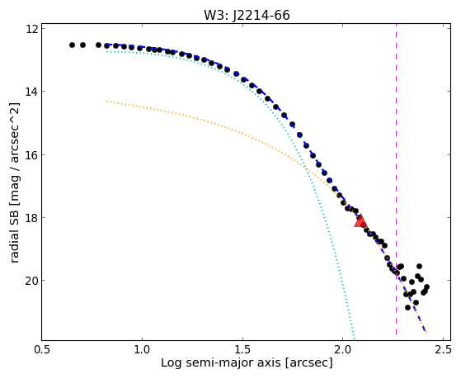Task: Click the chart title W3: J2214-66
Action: (247, 15)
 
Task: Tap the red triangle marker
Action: (360, 221)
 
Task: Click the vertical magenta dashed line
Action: (396, 179)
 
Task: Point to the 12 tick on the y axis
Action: (32, 29)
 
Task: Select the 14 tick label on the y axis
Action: (32, 92)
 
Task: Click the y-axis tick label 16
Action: (32, 155)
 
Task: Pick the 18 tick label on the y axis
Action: (32, 218)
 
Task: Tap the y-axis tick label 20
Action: (32, 281)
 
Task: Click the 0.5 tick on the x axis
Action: (42, 350)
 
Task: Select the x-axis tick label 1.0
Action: (143, 350)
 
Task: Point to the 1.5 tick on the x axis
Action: (242, 350)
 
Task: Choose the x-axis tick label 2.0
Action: (343, 350)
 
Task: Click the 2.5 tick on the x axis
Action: (443, 350)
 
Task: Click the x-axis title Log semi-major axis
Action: (221, 362)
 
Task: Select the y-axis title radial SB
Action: (14, 230)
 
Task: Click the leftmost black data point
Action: (72, 45)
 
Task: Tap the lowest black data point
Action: (407, 307)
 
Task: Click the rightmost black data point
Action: (426, 287)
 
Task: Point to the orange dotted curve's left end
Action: (107, 102)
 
